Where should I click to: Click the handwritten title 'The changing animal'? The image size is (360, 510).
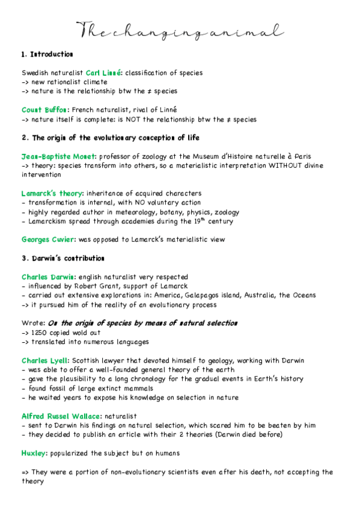(180, 31)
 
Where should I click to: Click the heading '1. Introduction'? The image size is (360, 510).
(47, 55)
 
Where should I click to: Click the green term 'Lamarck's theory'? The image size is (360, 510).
(52, 194)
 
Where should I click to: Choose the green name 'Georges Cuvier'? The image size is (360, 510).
(48, 239)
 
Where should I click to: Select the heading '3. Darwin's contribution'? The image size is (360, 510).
(64, 258)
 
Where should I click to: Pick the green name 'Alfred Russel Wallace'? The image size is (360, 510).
(63, 416)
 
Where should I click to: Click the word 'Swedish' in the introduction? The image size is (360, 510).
(37, 73)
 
